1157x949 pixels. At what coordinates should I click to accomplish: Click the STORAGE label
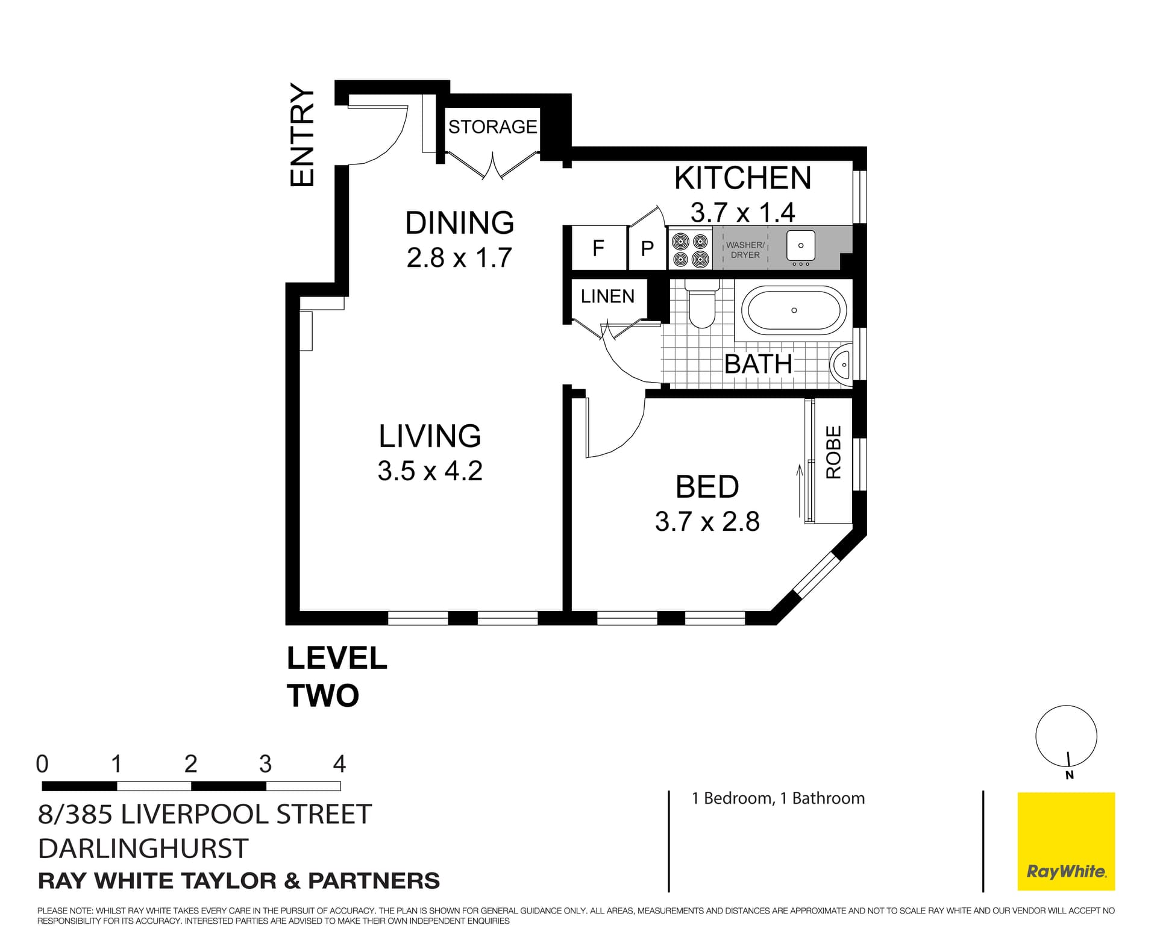pyautogui.click(x=492, y=127)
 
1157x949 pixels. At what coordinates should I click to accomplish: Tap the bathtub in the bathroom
pyautogui.click(x=794, y=310)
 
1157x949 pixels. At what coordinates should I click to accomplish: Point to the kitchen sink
pyautogui.click(x=800, y=246)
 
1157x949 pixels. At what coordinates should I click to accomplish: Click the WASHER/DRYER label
pyautogui.click(x=745, y=250)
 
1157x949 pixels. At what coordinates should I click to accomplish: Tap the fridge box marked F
pyautogui.click(x=598, y=248)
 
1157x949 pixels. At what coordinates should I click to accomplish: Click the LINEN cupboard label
pyautogui.click(x=607, y=296)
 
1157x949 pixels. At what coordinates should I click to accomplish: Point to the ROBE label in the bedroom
pyautogui.click(x=833, y=452)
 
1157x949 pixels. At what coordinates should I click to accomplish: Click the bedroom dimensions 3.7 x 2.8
pyautogui.click(x=707, y=522)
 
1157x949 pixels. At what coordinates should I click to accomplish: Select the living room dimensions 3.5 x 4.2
pyautogui.click(x=430, y=471)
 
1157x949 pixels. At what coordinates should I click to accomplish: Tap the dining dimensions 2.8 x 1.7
pyautogui.click(x=459, y=258)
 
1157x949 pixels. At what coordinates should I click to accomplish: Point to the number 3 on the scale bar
pyautogui.click(x=265, y=765)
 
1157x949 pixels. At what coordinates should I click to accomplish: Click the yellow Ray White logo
pyautogui.click(x=1066, y=841)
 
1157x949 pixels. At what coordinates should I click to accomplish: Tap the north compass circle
pyautogui.click(x=1066, y=736)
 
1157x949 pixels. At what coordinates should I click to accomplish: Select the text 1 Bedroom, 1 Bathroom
pyautogui.click(x=778, y=798)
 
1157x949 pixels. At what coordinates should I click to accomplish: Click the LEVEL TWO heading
pyautogui.click(x=336, y=677)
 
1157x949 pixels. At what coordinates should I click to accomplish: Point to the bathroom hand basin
pyautogui.click(x=842, y=365)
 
